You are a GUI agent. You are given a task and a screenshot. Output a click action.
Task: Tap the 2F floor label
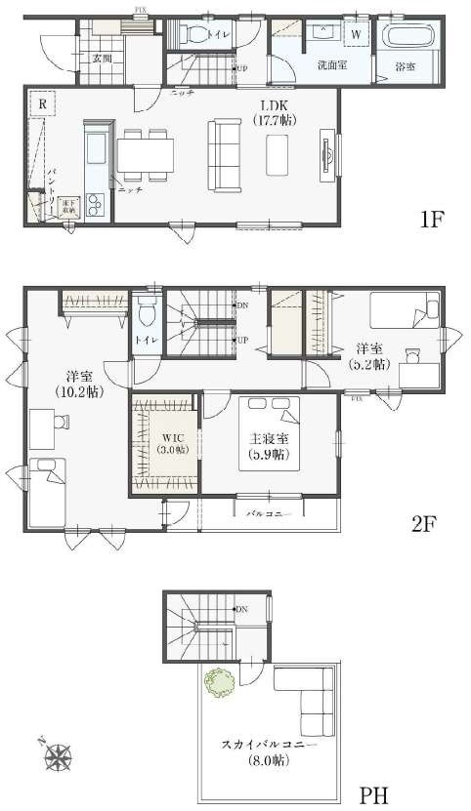tap(422, 523)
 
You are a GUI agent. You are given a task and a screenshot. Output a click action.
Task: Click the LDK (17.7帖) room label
tap(277, 112)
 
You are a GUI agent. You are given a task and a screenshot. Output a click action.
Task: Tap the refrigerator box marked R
tap(43, 102)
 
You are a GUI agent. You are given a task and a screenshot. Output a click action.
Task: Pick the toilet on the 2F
tap(147, 313)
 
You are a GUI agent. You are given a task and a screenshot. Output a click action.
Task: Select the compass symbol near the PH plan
tap(60, 754)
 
